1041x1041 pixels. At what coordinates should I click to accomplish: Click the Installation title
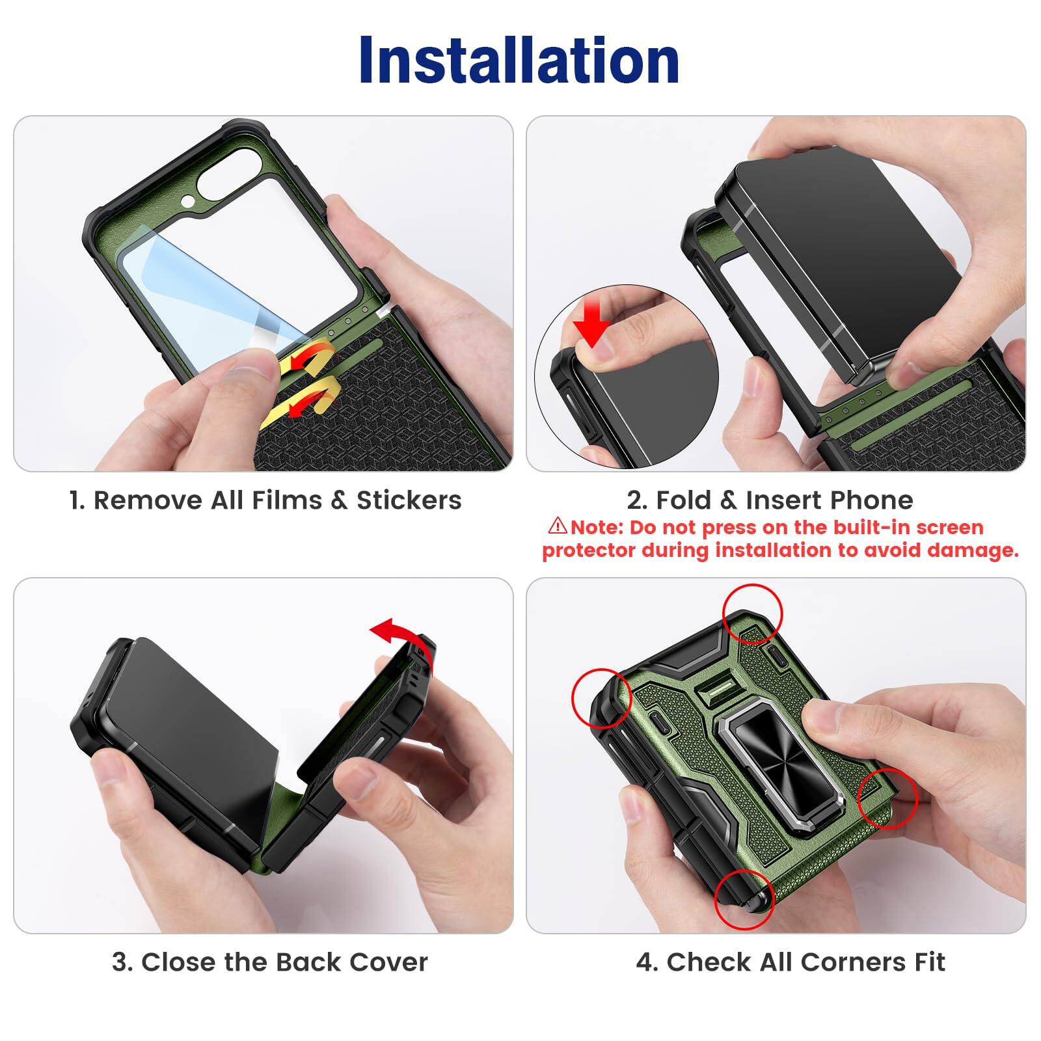pyautogui.click(x=519, y=60)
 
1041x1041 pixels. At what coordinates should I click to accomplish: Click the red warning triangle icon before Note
pyautogui.click(x=558, y=525)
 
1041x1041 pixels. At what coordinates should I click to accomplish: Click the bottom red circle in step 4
pyautogui.click(x=744, y=901)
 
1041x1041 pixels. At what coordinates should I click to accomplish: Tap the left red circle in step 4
pyautogui.click(x=601, y=697)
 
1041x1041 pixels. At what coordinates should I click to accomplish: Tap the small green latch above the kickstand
pyautogui.click(x=716, y=691)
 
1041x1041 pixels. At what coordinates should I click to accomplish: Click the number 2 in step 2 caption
pyautogui.click(x=634, y=500)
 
